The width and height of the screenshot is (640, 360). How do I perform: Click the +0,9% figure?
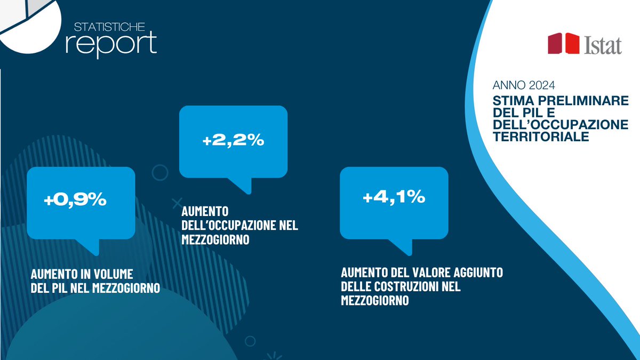pyautogui.click(x=75, y=200)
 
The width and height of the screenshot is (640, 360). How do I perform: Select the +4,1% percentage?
pyautogui.click(x=394, y=197)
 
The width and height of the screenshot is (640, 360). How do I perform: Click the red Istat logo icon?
pyautogui.click(x=564, y=44)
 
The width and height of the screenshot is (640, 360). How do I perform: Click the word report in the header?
pyautogui.click(x=111, y=42)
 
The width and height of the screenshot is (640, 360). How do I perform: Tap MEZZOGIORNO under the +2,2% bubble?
pyautogui.click(x=215, y=240)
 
